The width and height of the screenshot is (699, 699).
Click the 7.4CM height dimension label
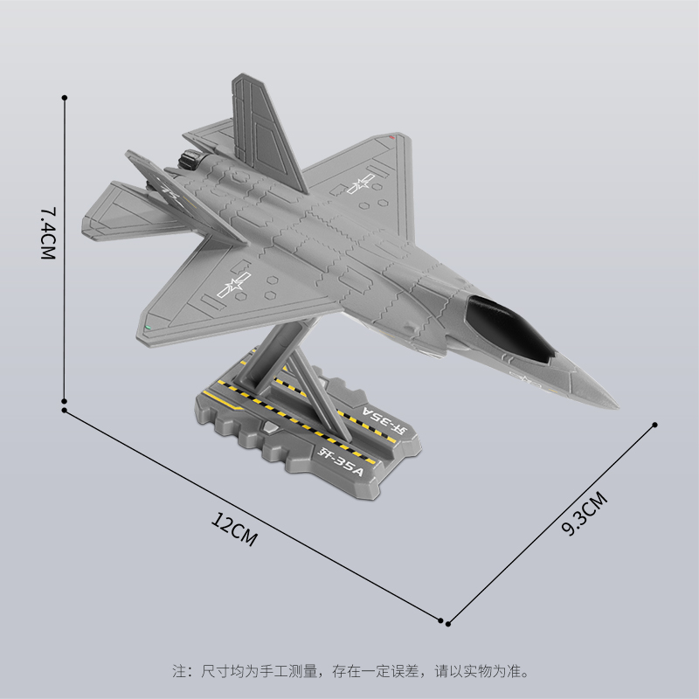coord(48,232)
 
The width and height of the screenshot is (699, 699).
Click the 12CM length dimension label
coord(234,529)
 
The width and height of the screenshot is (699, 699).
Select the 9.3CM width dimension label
coord(585,513)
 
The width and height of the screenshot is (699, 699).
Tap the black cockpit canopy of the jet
coord(509,327)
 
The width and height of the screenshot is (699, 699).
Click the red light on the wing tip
coord(391,137)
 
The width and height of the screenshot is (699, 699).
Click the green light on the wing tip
coord(148,329)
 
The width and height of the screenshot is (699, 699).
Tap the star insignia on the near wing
coord(234,285)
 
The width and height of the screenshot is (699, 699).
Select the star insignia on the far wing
coord(360,183)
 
